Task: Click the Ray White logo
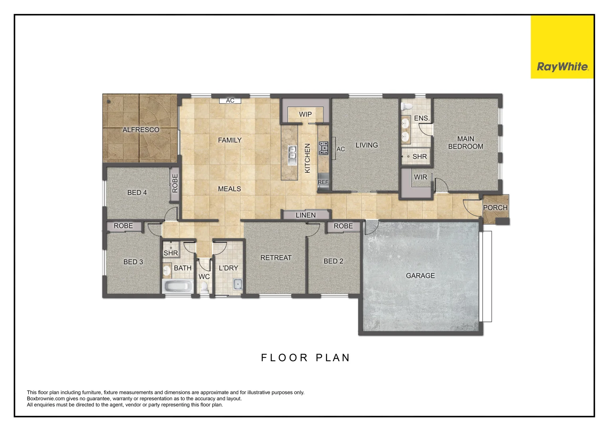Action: [562, 47]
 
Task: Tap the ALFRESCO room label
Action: [141, 130]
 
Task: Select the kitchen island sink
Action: [292, 155]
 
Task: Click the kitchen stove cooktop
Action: [323, 148]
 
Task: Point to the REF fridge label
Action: [323, 182]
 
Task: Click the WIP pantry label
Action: [305, 114]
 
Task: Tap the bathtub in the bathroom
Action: [178, 286]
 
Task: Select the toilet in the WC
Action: [204, 288]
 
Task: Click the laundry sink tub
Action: [238, 285]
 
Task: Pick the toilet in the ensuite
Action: [406, 107]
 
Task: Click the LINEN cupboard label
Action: [305, 215]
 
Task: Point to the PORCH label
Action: [495, 208]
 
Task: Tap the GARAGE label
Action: [420, 276]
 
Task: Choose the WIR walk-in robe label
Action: [420, 177]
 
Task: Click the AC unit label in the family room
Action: [230, 101]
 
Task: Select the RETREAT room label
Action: [276, 258]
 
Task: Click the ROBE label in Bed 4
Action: [175, 184]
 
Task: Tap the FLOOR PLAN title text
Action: [305, 358]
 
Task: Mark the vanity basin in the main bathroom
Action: [166, 270]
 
